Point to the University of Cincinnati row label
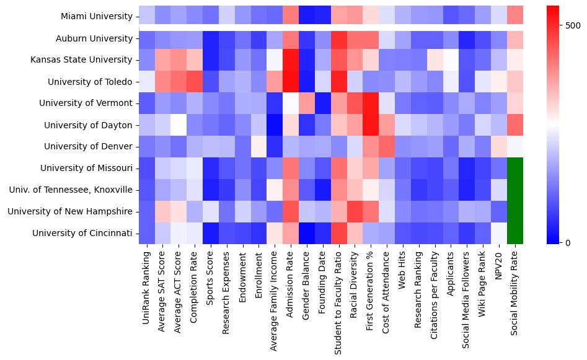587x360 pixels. pos(91,233)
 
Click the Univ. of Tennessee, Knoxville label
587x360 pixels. pos(83,190)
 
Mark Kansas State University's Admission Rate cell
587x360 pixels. pos(291,60)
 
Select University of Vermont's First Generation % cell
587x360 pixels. pos(371,103)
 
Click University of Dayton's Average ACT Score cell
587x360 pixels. pos(179,125)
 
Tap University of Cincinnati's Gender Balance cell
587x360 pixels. pos(307,233)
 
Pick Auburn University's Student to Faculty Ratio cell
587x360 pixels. pos(339,38)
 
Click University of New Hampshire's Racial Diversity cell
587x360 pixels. pos(355,211)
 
